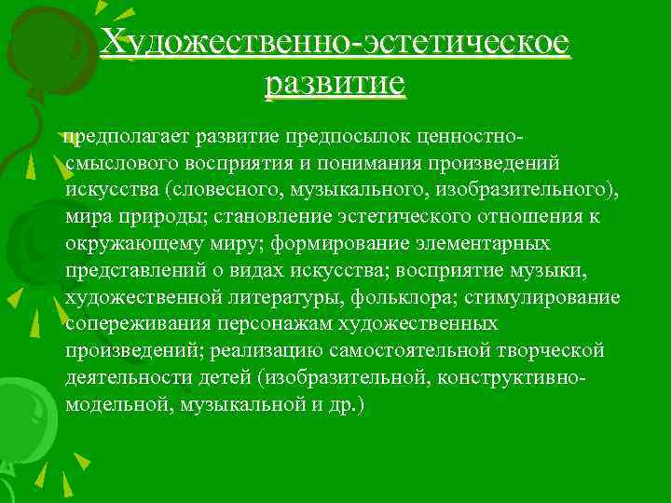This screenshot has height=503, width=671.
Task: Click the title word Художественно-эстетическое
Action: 335,42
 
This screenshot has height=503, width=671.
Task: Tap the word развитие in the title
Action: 335,85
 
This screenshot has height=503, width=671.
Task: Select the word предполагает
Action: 127,136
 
